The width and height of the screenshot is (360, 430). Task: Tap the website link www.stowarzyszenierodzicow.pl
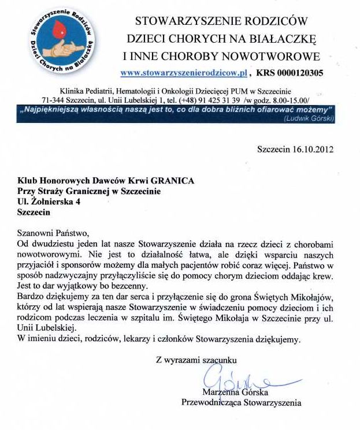tap(184, 73)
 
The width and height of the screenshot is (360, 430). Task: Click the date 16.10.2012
tap(314, 149)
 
